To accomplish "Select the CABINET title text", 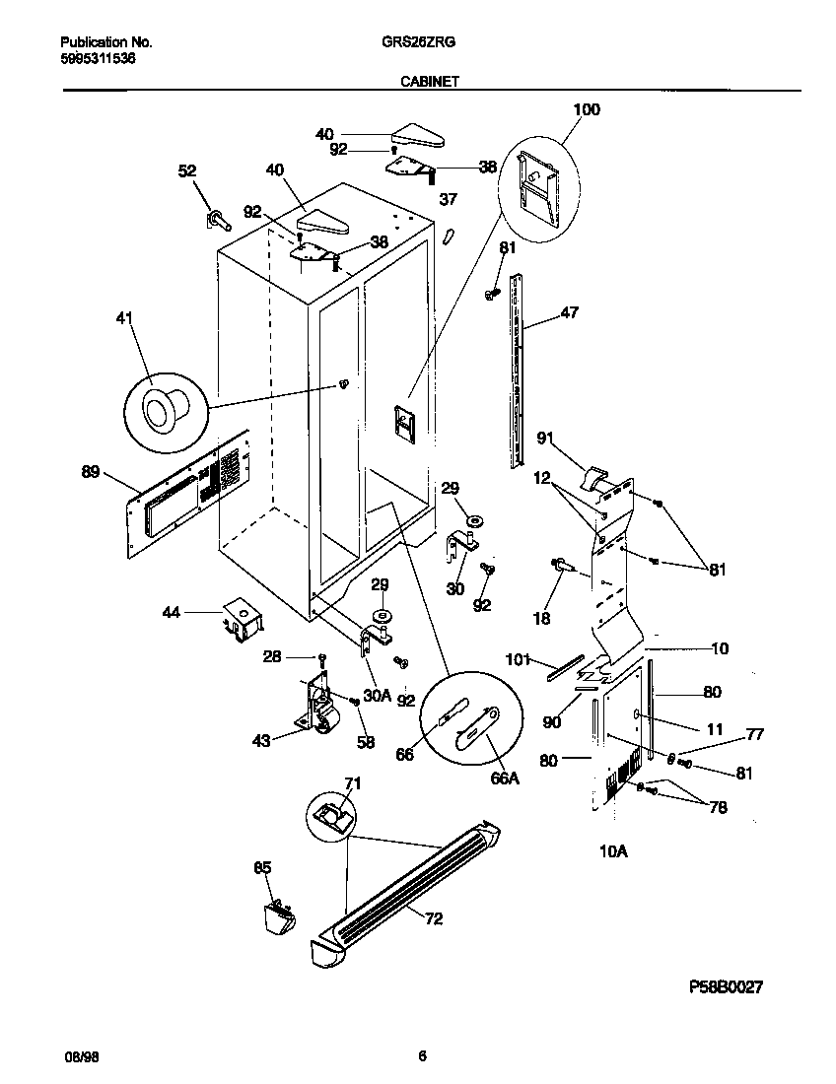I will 429,84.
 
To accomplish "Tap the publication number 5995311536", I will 99,58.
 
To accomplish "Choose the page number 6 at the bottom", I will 422,1056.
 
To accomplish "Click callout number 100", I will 586,109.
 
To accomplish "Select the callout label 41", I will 124,318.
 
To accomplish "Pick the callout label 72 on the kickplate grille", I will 433,918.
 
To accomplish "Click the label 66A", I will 504,778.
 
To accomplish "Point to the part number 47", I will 570,312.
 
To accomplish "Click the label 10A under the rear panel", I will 613,850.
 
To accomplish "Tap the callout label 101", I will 518,659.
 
